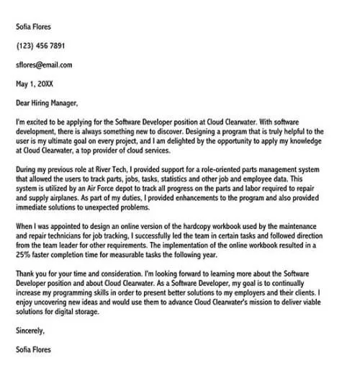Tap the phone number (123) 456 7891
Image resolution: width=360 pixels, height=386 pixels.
40,45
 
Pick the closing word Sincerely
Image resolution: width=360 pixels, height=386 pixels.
30,331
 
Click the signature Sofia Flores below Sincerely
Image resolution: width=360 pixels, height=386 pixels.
33,349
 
